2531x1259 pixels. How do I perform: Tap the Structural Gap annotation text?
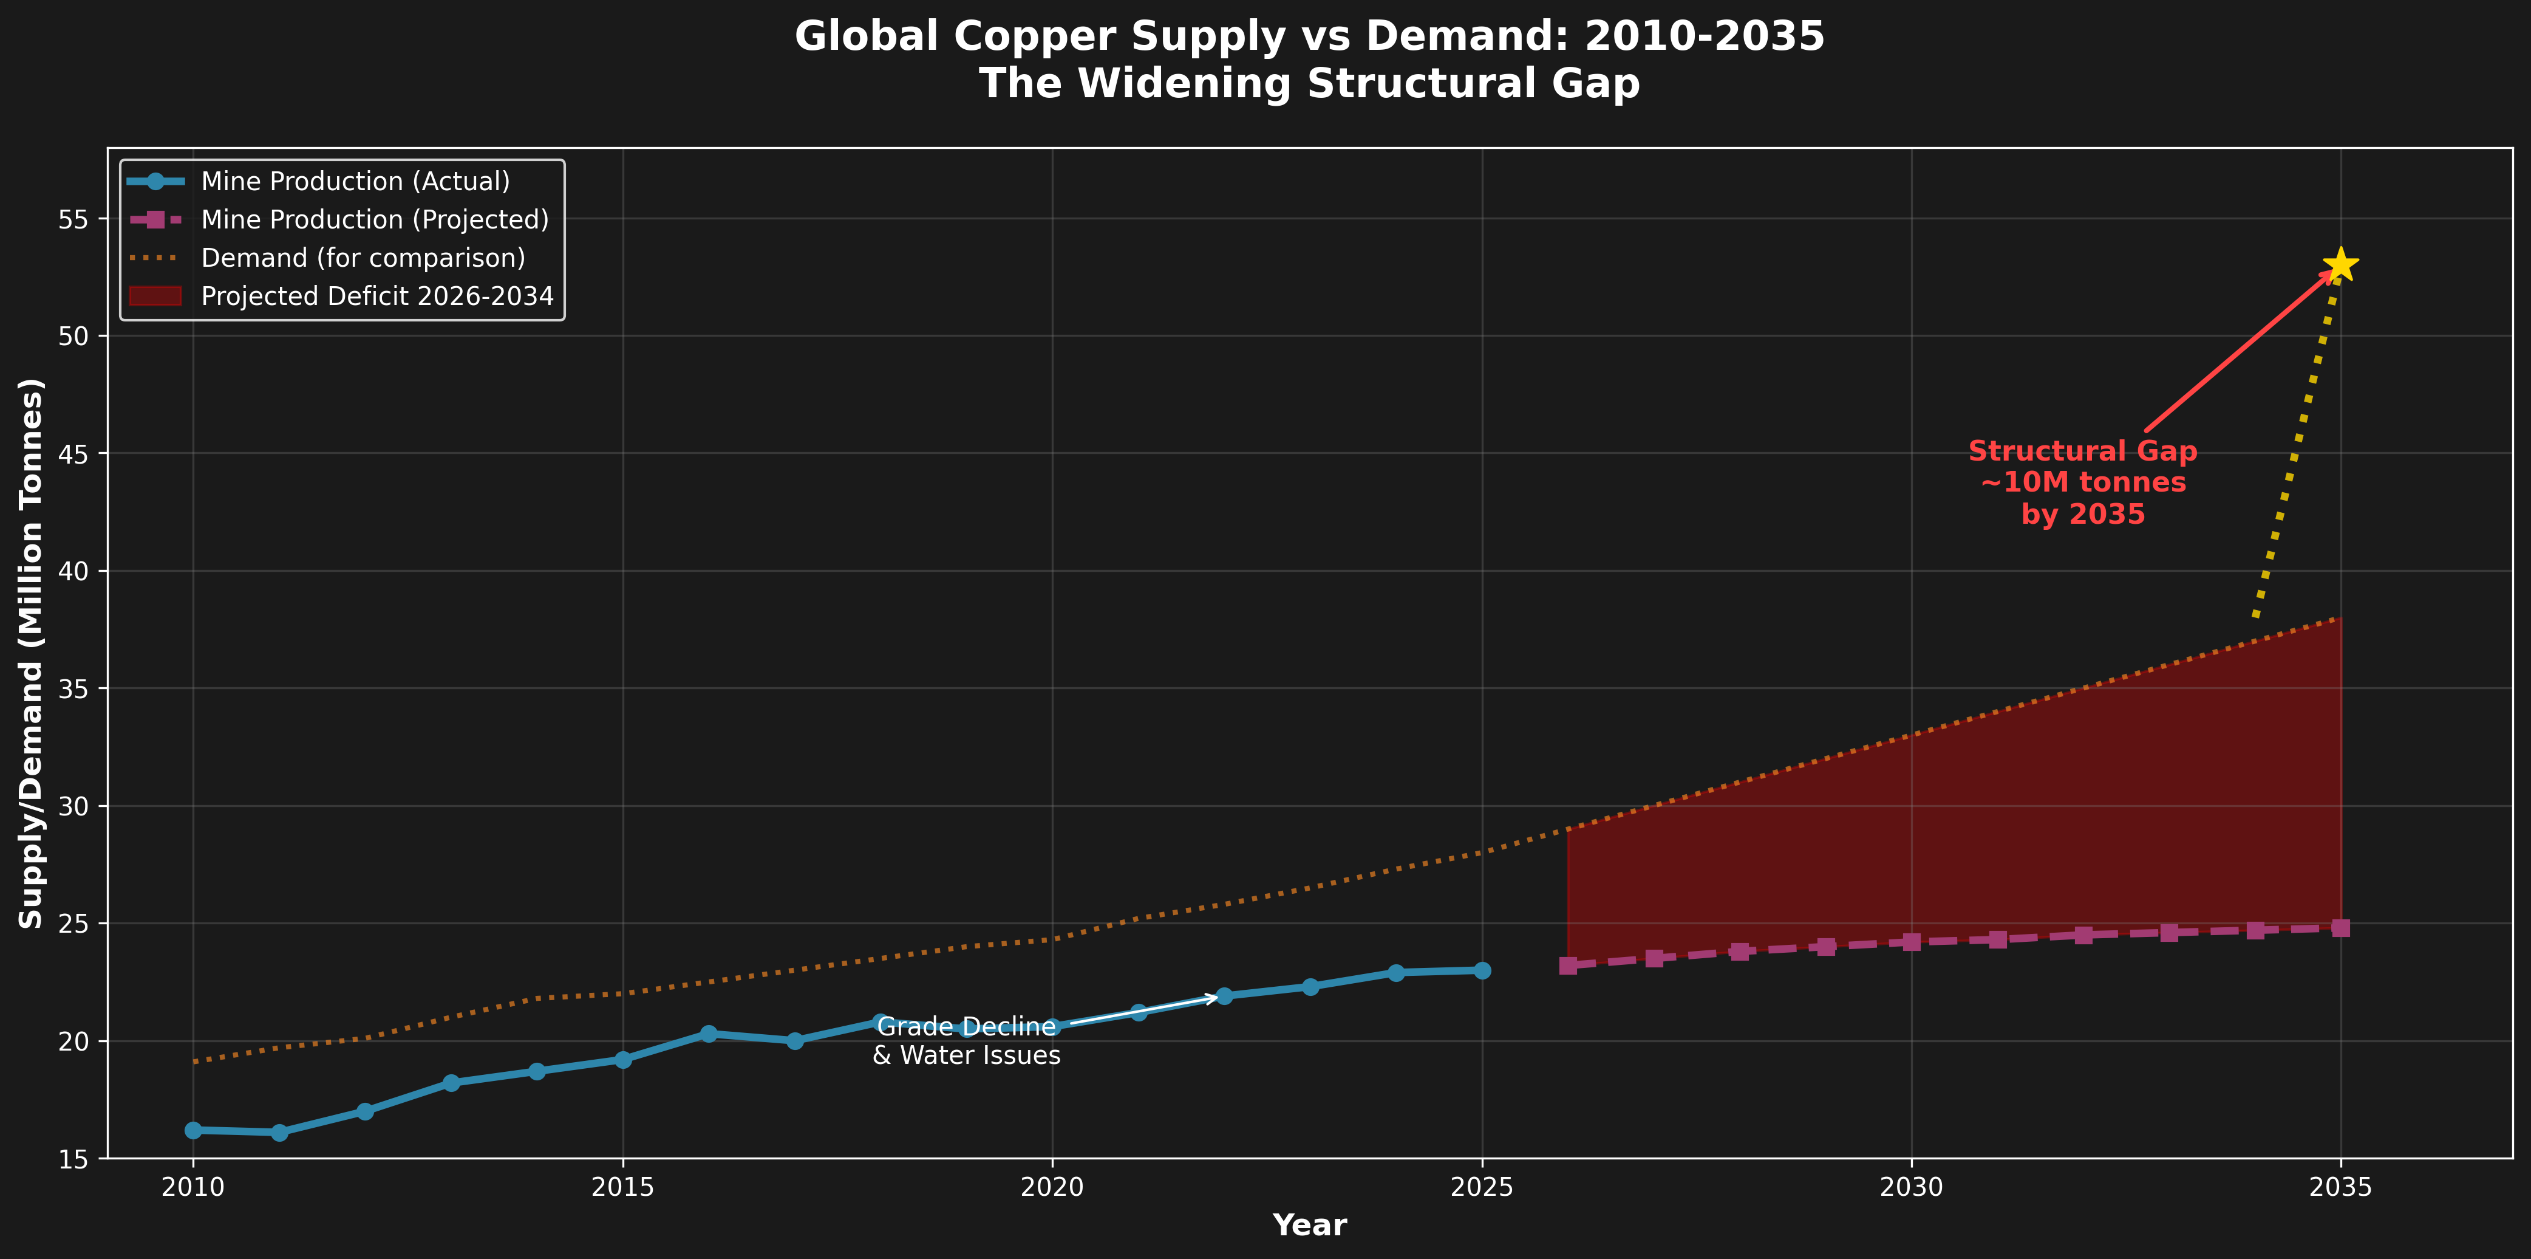(x=2082, y=482)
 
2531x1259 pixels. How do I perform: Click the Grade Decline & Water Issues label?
(x=966, y=1041)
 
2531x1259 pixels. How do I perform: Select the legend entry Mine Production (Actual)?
(x=355, y=182)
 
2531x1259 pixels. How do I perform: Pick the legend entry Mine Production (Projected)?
(x=374, y=220)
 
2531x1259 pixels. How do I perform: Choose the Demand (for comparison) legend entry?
(x=363, y=258)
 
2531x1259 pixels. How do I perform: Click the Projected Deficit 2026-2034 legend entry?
(x=376, y=297)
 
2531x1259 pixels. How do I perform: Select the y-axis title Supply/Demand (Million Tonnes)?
(x=32, y=653)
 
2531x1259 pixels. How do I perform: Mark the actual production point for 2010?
(x=194, y=1130)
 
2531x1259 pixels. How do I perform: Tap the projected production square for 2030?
(x=1911, y=942)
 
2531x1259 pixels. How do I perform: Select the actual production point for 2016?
(x=709, y=1034)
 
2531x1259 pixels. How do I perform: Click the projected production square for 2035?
(x=2340, y=928)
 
